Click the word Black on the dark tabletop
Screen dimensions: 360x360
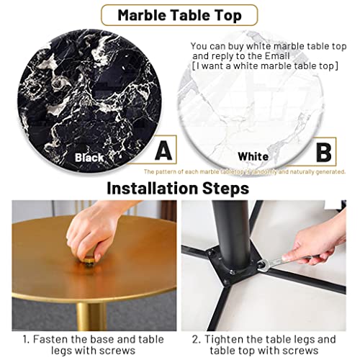(x=90, y=156)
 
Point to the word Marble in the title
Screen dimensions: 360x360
(x=144, y=14)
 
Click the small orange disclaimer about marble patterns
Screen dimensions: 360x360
(x=245, y=172)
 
